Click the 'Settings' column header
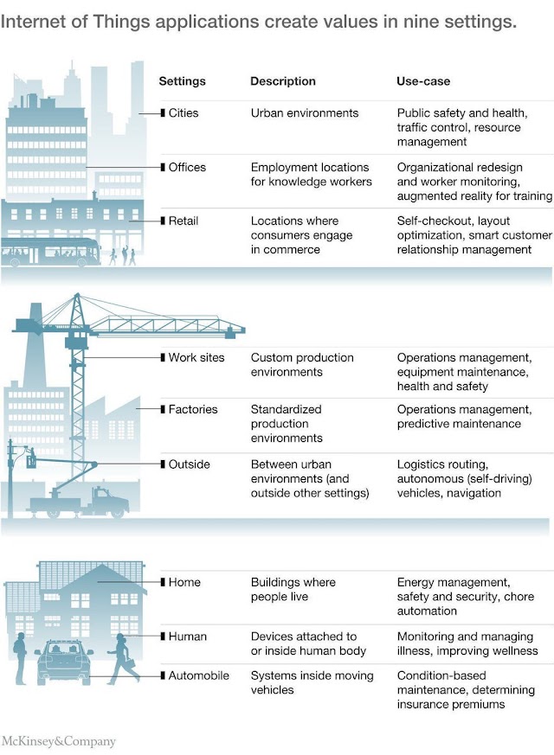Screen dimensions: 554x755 click(x=182, y=81)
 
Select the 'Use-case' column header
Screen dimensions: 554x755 click(x=423, y=81)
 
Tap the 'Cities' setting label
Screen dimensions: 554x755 click(x=184, y=113)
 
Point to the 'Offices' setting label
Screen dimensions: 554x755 click(x=188, y=167)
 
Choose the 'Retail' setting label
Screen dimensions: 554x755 click(x=184, y=221)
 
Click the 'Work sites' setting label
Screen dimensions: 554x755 click(x=196, y=357)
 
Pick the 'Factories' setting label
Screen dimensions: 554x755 click(x=193, y=409)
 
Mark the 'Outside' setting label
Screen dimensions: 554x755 click(x=190, y=464)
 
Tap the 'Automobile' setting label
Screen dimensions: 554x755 click(x=199, y=675)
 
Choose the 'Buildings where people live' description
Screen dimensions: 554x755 click(x=293, y=589)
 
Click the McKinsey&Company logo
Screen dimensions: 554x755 click(x=58, y=741)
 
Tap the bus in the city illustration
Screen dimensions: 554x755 click(x=43, y=252)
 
